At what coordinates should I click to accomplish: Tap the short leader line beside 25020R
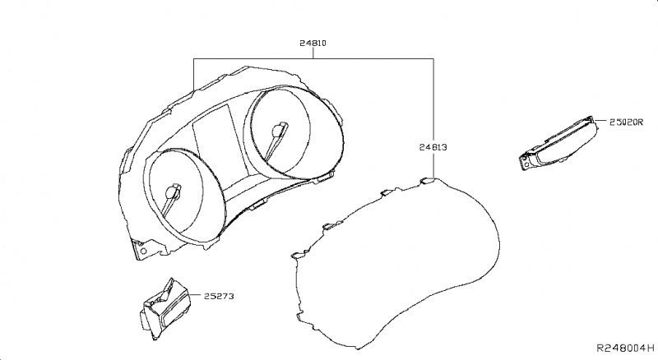[602, 122]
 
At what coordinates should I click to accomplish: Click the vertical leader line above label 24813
[434, 99]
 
